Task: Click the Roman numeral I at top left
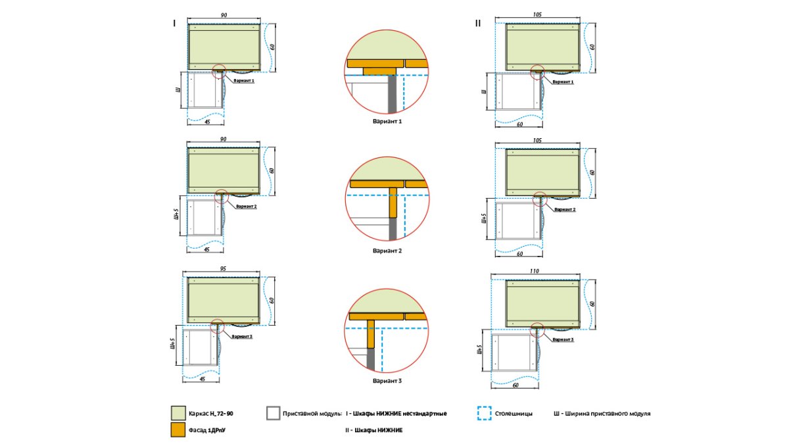[x=174, y=23]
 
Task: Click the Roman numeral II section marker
[x=478, y=23]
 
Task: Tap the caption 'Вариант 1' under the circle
[x=387, y=121]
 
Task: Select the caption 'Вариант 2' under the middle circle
[x=387, y=251]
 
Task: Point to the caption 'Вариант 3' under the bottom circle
[x=387, y=380]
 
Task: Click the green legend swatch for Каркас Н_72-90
[x=178, y=413]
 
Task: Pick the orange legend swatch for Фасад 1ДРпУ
[x=178, y=430]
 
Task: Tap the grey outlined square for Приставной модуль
[x=274, y=413]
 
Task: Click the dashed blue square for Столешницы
[x=484, y=413]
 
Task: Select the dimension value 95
[x=224, y=270]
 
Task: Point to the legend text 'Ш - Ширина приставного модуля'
[x=602, y=414]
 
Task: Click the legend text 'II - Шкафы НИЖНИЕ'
[x=374, y=430]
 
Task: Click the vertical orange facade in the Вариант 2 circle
[x=394, y=202]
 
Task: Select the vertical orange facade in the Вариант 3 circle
[x=371, y=333]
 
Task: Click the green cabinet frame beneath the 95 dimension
[x=224, y=300]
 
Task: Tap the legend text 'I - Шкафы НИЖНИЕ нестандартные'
[x=396, y=414]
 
